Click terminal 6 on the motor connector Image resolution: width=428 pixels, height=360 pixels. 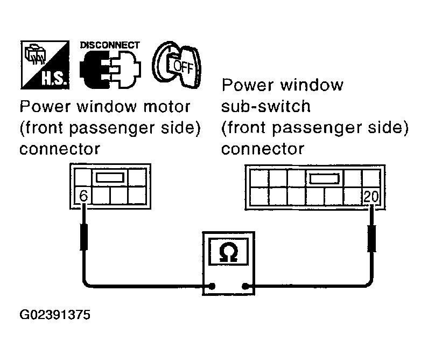tap(82, 195)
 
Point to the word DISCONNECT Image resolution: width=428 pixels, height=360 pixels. tap(110, 45)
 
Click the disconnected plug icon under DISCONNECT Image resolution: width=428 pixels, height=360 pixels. tap(110, 70)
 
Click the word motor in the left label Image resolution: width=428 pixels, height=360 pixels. tap(167, 107)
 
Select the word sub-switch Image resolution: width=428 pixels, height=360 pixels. tap(266, 106)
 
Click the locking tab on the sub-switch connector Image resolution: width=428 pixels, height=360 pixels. tap(324, 178)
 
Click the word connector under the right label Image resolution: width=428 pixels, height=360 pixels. tap(263, 149)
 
